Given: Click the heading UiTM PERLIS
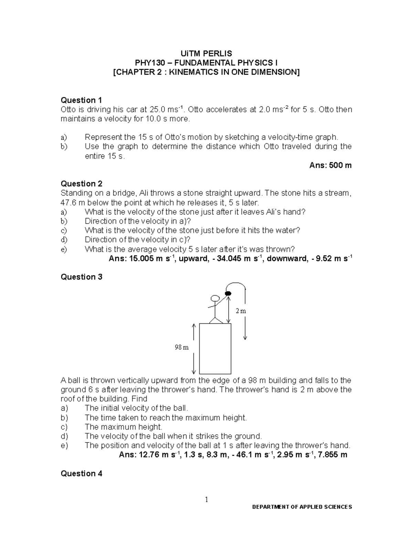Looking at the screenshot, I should [206, 54].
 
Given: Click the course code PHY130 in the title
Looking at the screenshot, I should [149, 63].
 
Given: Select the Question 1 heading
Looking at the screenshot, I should [81, 100].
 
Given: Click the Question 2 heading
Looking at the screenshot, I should [81, 184].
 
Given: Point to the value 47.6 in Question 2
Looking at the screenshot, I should [68, 203].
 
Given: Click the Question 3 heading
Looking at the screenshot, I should [81, 277].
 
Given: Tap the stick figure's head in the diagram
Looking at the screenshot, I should [215, 298].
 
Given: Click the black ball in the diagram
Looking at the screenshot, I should [227, 293].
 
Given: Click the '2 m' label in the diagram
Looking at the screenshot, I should [241, 311].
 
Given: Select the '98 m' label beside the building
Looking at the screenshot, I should [182, 347].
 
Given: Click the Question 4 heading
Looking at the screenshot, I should [81, 473].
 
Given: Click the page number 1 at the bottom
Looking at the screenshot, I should [206, 500].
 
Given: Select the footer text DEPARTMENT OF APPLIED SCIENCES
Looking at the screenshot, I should [302, 516].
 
